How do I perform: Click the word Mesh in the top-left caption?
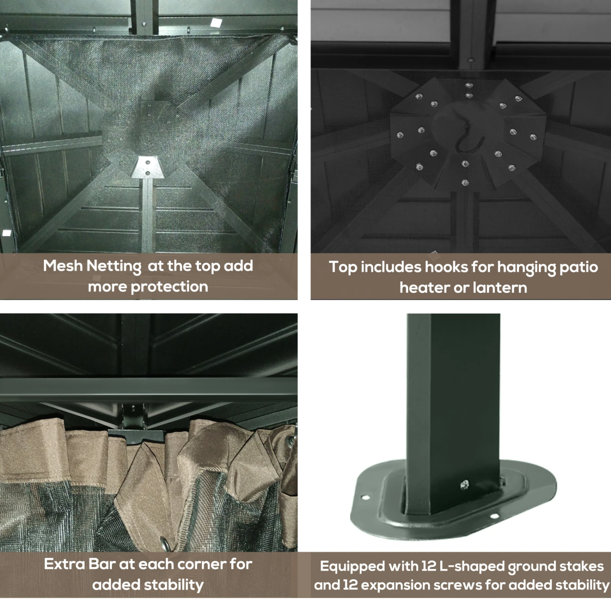[63, 266]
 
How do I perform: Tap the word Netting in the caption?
[114, 267]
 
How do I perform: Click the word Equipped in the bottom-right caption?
[352, 567]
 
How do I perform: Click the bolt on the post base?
[464, 484]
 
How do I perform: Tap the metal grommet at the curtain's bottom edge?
[165, 544]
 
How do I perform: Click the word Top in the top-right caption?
[343, 268]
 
